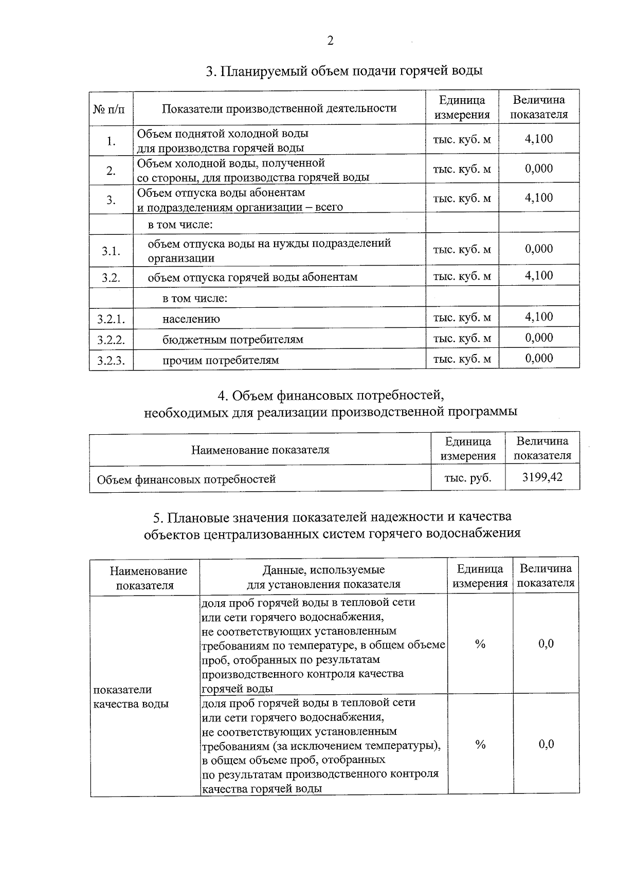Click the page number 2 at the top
330,41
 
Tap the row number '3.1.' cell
111,251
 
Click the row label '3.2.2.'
111,340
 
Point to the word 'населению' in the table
191,319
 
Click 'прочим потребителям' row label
221,360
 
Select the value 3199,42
542,477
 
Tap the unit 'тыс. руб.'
468,478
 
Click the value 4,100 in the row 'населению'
539,317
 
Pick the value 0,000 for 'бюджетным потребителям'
539,338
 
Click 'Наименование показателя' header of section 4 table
260,450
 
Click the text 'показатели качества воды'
131,697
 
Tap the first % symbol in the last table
480,644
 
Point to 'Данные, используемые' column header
323,570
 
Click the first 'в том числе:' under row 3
180,225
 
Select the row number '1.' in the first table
111,141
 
